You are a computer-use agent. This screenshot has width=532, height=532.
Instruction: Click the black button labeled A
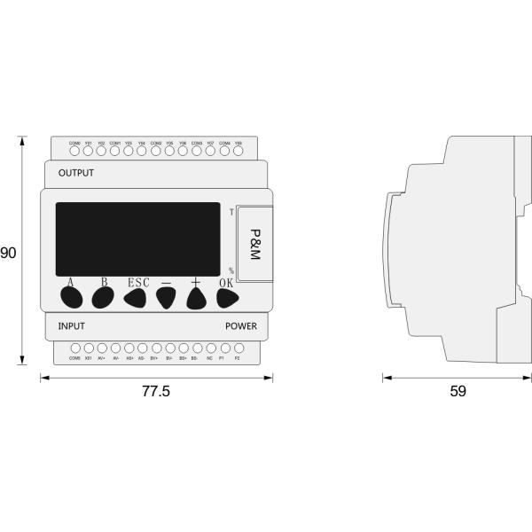click(71, 298)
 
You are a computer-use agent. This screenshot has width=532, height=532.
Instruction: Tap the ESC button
click(135, 299)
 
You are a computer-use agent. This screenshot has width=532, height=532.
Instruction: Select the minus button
click(166, 299)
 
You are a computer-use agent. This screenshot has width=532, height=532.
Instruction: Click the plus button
click(197, 299)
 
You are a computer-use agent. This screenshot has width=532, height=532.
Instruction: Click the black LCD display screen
click(137, 239)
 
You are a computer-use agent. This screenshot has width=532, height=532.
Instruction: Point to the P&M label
click(255, 244)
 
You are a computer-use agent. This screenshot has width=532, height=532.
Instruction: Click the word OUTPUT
click(75, 172)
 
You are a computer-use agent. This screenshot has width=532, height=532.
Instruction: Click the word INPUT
click(71, 325)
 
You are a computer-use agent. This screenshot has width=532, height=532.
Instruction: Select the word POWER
click(240, 325)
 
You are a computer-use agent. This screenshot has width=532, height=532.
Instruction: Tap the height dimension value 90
click(8, 254)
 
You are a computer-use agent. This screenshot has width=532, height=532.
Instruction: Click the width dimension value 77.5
click(154, 391)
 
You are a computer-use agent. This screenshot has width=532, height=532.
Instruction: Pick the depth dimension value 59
click(458, 391)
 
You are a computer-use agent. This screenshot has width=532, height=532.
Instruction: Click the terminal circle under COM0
click(74, 152)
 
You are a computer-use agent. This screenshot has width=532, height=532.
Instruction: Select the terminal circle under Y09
click(238, 152)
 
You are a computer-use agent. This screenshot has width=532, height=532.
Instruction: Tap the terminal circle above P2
click(237, 348)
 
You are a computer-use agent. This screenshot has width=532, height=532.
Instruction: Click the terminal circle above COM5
click(74, 348)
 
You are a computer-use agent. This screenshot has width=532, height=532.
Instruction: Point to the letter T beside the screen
click(231, 212)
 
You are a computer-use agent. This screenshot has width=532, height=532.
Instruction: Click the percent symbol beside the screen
click(231, 270)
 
